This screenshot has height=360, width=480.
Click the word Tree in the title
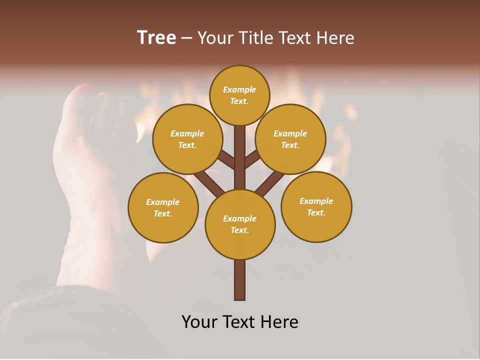[156, 38]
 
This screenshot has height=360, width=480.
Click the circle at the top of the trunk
[239, 95]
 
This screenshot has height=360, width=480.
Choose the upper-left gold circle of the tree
[187, 139]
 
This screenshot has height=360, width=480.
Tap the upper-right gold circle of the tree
[290, 139]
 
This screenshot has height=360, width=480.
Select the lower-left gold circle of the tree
[163, 207]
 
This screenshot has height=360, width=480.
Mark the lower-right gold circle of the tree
[316, 206]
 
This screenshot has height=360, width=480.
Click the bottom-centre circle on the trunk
[240, 224]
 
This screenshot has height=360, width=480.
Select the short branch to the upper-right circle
[252, 160]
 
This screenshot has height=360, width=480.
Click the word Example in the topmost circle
[239, 90]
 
